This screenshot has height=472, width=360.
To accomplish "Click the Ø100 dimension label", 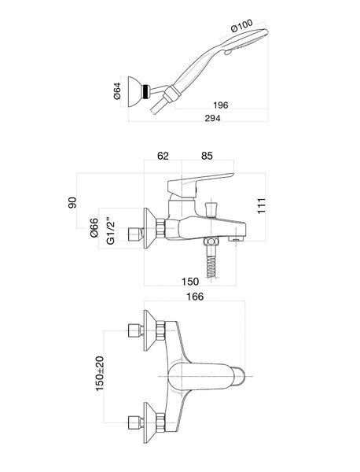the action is (242, 25).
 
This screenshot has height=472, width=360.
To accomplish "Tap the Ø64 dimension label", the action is (117, 91).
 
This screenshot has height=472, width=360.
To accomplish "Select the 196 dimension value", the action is (220, 105).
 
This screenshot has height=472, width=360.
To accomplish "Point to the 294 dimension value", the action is (212, 118).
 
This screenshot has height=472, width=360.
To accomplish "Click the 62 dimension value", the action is (163, 156).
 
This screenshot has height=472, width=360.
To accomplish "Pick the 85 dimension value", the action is (207, 156).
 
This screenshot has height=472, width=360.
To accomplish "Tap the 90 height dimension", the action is (72, 203).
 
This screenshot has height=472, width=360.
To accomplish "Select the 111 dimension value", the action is (261, 206).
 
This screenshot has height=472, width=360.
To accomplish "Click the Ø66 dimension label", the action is (94, 227).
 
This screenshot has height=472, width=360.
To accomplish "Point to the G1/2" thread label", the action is (111, 230).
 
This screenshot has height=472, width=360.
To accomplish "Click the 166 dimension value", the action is (195, 297).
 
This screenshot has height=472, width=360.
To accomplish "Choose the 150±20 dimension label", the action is (100, 373).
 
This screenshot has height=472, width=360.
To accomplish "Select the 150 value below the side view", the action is (190, 282).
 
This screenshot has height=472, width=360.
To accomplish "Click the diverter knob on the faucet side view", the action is (211, 209).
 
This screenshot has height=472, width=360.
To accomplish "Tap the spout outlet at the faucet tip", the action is (237, 239).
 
